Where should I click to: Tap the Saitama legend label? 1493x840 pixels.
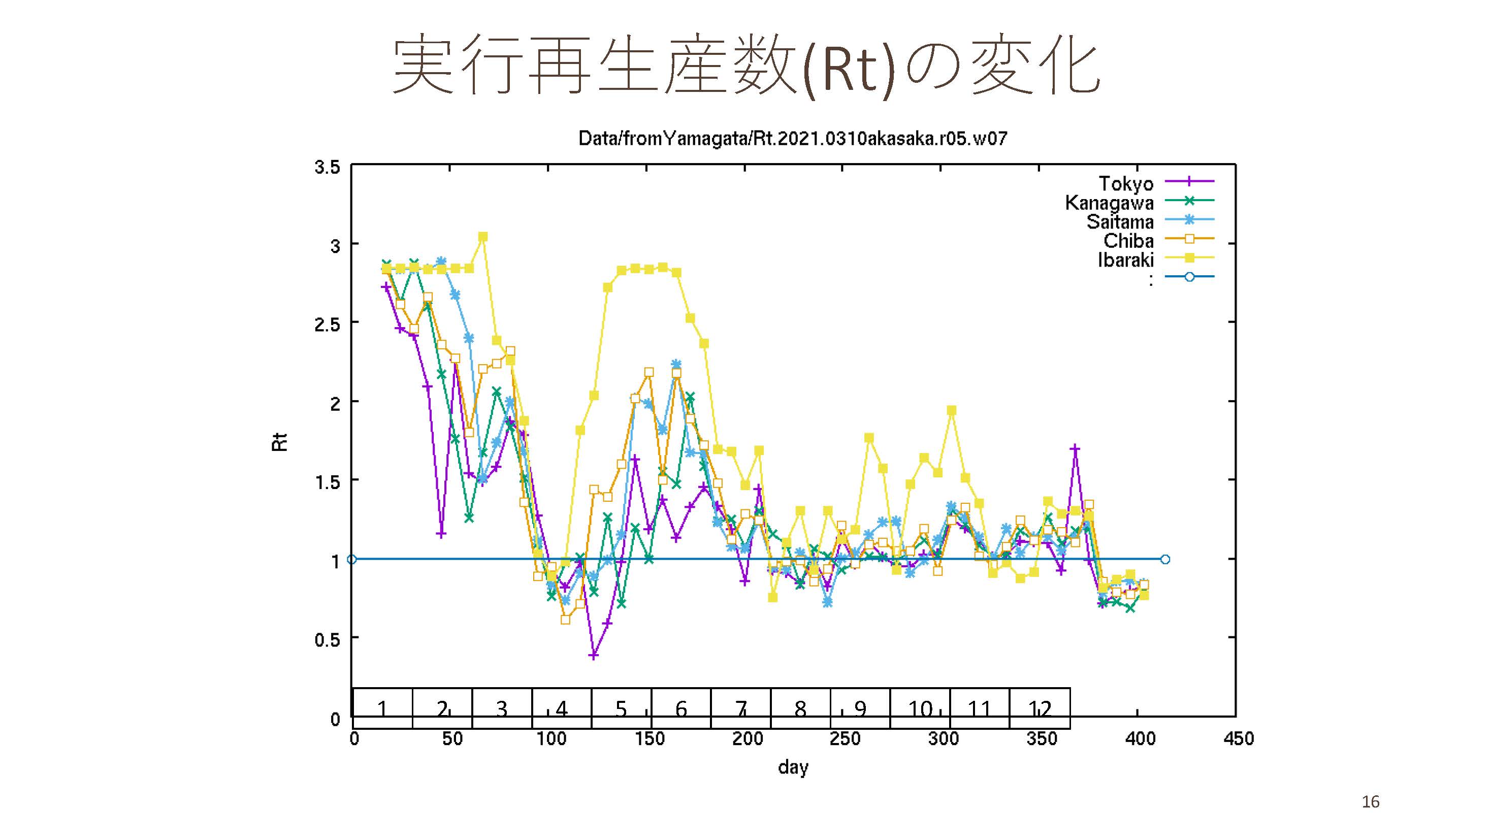click(1120, 221)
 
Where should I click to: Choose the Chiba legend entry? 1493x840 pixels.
click(1128, 241)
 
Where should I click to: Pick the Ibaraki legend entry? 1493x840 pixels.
click(1125, 260)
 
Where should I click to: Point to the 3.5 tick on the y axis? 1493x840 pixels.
click(327, 167)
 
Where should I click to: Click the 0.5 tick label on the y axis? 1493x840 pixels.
click(327, 639)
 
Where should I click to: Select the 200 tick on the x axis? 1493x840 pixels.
click(747, 738)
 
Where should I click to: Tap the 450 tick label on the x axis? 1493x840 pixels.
click(1238, 738)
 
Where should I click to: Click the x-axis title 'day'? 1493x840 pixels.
click(793, 767)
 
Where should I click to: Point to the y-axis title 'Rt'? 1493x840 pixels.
click(279, 442)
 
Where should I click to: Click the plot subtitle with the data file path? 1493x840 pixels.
click(792, 139)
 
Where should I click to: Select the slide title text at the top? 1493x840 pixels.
click(746, 65)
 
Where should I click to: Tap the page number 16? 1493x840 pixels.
click(1370, 802)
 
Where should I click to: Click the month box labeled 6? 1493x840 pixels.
click(681, 708)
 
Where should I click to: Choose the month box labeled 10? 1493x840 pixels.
click(920, 708)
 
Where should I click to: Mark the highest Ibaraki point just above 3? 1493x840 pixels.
click(483, 237)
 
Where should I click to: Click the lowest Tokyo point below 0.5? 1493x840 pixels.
click(593, 656)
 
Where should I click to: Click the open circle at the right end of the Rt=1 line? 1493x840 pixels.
click(1165, 560)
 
